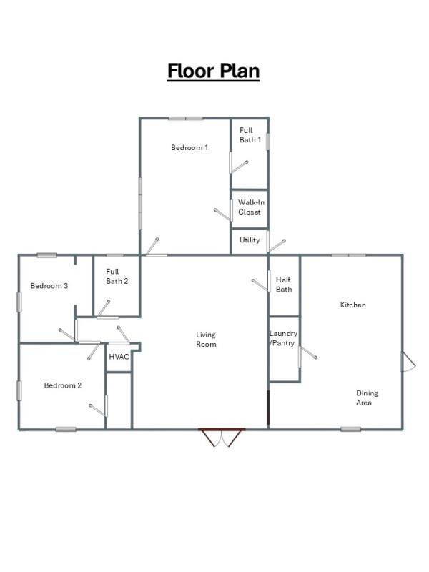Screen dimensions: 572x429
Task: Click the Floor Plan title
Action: coord(213,71)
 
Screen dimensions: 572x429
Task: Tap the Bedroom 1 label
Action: coord(189,148)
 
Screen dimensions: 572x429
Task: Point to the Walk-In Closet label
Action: coord(249,207)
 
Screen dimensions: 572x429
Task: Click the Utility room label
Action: coord(250,240)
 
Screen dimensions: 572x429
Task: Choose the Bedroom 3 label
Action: coord(49,286)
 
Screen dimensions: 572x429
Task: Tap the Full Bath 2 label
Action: coord(117,276)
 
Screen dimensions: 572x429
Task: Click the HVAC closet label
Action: coord(119,356)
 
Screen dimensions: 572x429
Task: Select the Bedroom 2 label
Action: coord(63,385)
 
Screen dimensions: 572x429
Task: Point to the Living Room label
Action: coord(206,340)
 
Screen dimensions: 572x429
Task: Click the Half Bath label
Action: coord(284,285)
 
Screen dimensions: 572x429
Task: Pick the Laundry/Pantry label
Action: coord(283,338)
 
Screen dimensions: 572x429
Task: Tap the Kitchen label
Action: coord(352,305)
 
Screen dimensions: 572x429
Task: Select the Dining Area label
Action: coord(368,398)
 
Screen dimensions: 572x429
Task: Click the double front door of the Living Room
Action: coord(222,436)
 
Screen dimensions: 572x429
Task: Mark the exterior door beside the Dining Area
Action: coord(408,361)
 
